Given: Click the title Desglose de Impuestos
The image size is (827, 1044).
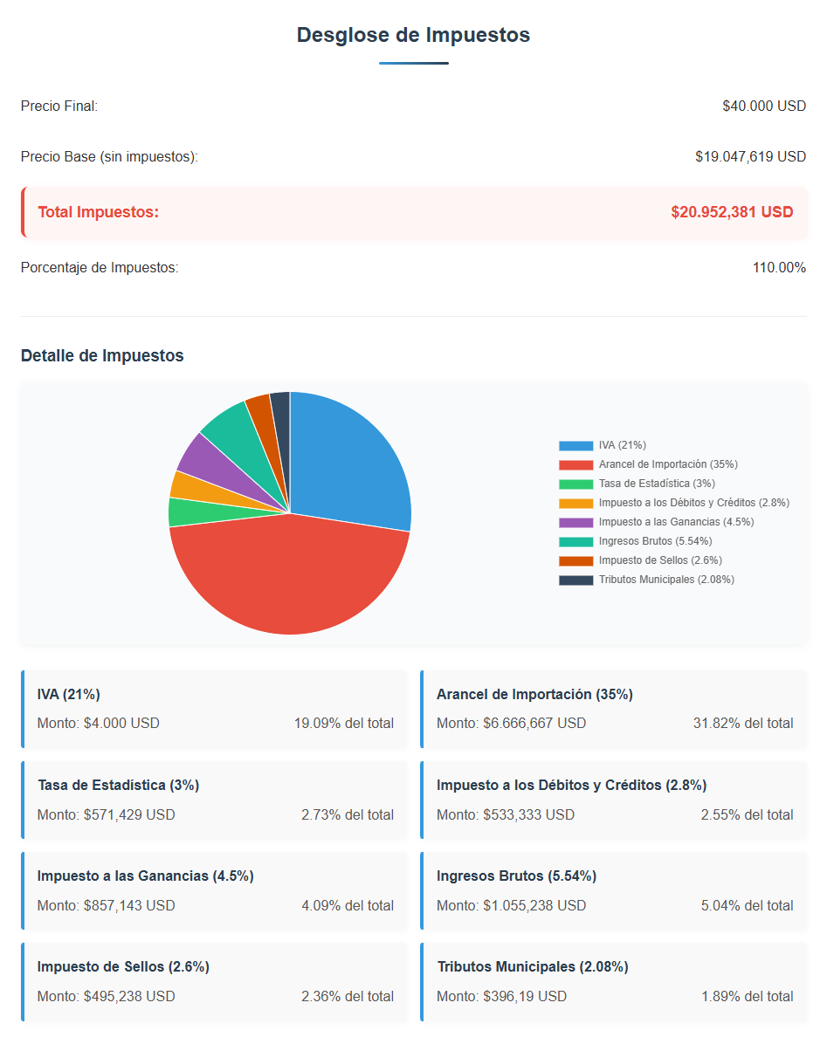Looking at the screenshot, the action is coord(414,35).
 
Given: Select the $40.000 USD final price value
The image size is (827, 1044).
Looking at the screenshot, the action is coord(764,106).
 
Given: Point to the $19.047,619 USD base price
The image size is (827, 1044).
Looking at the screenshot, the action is coord(750,156).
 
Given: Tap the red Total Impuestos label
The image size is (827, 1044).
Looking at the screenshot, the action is coord(99,212).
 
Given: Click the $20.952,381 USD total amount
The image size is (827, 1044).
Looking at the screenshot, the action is coord(732,212).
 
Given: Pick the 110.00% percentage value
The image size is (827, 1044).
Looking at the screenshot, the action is coord(779,268).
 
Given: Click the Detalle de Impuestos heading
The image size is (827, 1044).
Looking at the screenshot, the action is coord(102,355).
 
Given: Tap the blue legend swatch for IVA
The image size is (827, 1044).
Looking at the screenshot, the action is coord(576,445).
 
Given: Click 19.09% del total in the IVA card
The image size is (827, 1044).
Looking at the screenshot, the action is coord(343,723).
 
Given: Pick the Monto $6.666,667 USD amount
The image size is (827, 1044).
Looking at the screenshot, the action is coord(512,723).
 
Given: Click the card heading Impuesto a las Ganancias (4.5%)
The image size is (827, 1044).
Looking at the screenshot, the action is coord(145,876).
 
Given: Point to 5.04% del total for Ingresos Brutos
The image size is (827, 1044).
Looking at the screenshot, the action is coord(748,905).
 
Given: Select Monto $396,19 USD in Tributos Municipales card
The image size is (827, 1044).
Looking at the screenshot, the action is coord(501,997).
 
